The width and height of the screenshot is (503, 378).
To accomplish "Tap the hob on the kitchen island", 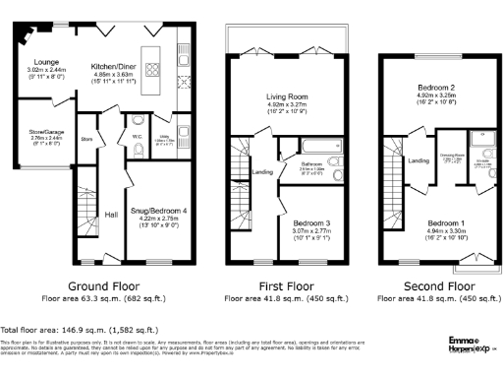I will pos(154,70).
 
